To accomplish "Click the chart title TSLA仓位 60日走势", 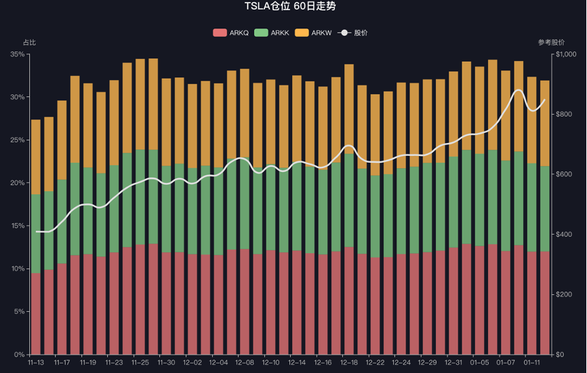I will point(290,7).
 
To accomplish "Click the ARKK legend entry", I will point(272,33).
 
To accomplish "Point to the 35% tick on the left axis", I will point(18,54).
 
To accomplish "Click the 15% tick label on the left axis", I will point(18,226).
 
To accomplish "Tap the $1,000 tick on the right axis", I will point(566,54).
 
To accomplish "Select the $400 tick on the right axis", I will point(564,235).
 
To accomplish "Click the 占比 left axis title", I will point(29,42).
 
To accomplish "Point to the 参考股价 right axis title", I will point(551,42).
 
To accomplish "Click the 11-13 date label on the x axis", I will point(36,363).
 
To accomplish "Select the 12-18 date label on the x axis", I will point(349,363).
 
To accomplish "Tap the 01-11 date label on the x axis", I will point(532,363).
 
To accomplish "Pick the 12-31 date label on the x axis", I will point(453,363).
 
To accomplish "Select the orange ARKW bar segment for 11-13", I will point(36,157).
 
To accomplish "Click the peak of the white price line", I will point(519,90).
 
